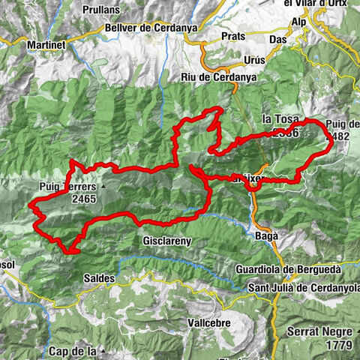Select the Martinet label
47,45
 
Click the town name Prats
234,36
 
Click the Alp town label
300,21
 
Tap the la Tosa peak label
280,119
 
